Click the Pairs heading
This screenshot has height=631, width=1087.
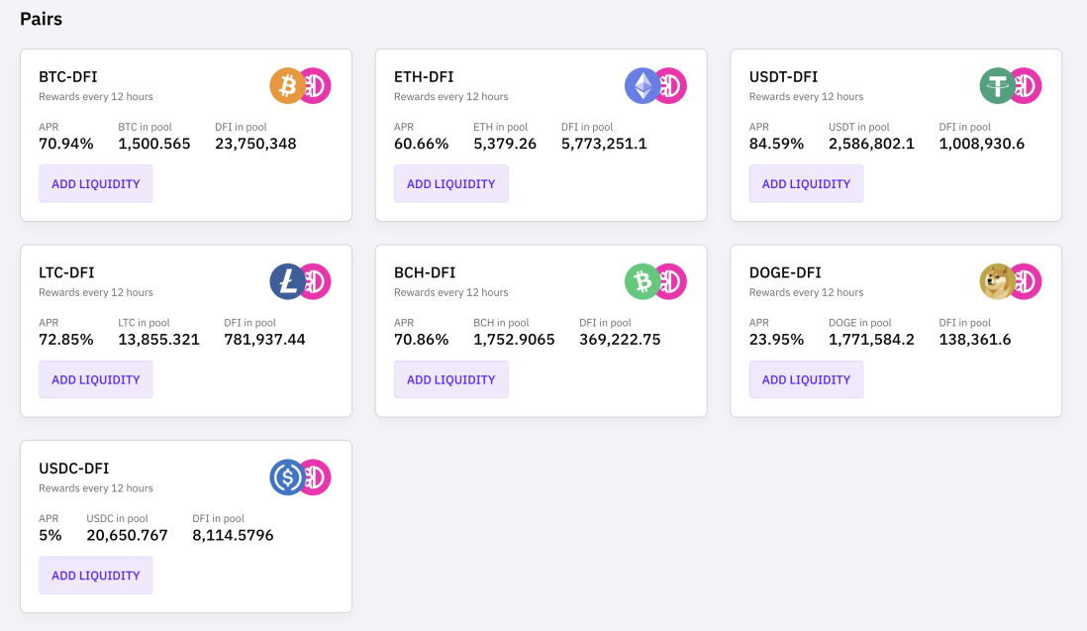41,19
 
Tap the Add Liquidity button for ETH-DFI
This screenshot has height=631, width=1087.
450,184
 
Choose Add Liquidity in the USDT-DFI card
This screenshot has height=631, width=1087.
806,184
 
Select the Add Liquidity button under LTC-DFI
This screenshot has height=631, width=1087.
96,379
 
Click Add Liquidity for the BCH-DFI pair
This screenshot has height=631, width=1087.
450,379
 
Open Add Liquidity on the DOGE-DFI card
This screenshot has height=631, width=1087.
806,379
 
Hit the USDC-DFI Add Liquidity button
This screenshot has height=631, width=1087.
96,575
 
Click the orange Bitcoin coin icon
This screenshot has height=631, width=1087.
287,86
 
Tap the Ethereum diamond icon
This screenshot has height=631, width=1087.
642,86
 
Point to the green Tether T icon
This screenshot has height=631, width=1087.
997,86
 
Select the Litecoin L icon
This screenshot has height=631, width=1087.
287,281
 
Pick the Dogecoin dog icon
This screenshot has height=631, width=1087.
997,281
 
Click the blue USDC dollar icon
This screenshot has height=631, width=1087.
287,477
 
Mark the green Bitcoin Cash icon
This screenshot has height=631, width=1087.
642,281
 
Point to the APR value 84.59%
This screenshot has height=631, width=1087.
776,144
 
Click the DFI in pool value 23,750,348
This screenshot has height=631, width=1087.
255,144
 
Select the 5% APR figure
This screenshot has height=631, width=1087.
49,535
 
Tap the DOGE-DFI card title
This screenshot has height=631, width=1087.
785,272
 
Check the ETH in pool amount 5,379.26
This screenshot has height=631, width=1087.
505,144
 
